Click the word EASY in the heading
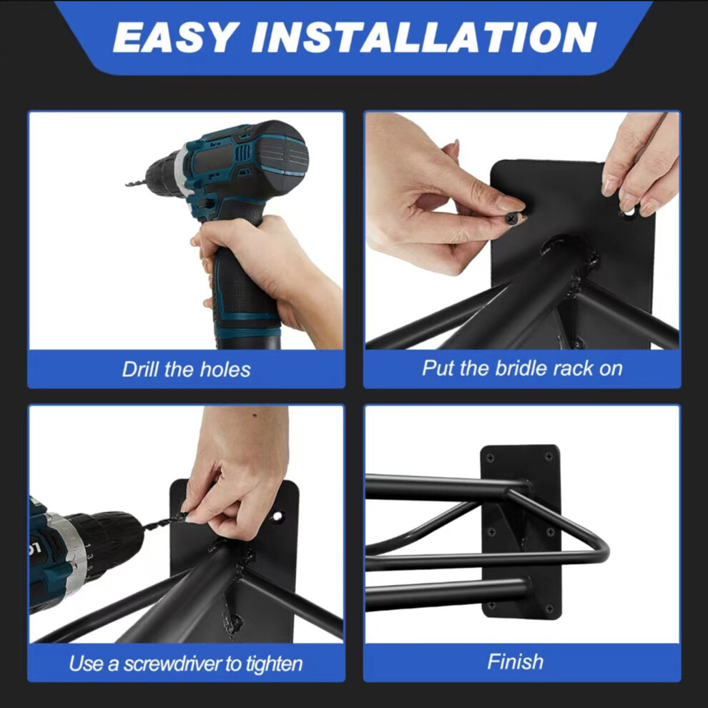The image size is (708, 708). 176,37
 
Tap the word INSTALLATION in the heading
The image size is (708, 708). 424,37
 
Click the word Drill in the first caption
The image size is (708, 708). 141,369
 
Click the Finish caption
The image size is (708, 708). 515,662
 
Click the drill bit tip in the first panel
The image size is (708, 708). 127,184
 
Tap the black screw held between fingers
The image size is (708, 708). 511,219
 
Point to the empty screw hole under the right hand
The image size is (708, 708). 629,211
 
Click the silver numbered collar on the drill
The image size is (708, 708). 76,558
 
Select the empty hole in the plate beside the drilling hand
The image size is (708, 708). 277,516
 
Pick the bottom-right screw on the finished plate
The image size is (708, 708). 549,609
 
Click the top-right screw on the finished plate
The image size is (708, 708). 549,457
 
